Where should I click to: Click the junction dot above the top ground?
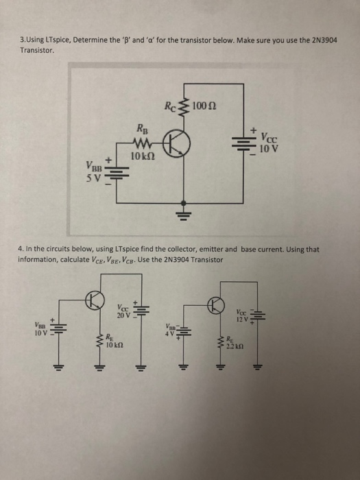pos(182,202)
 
